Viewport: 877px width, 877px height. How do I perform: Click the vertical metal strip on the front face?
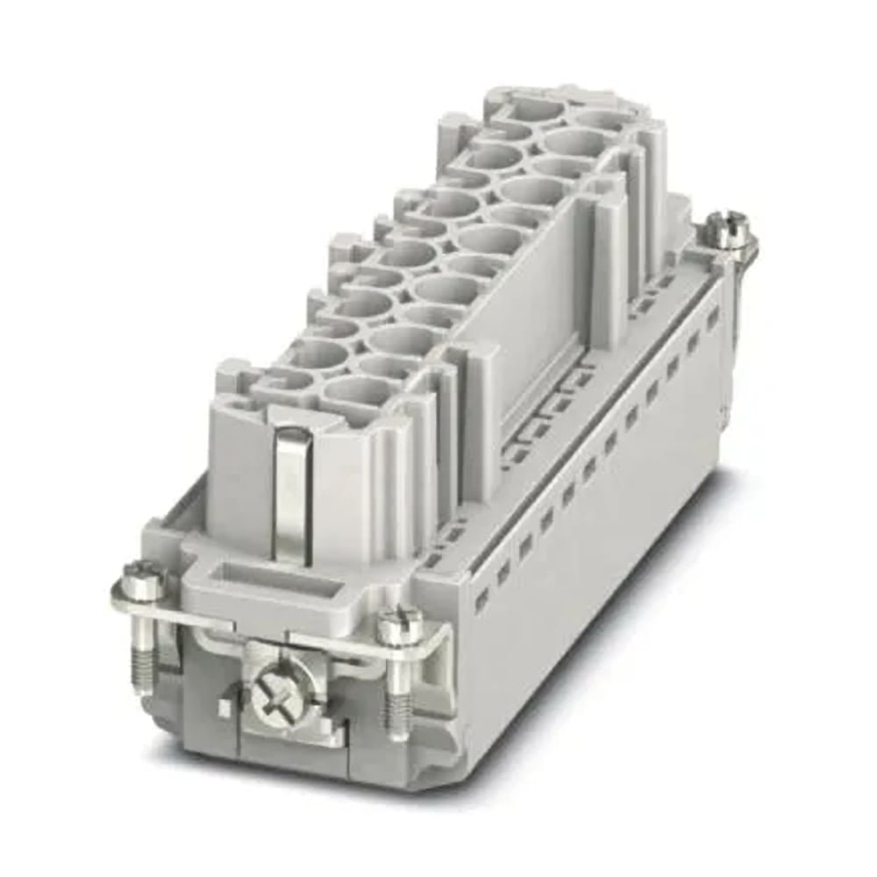[289, 491]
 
